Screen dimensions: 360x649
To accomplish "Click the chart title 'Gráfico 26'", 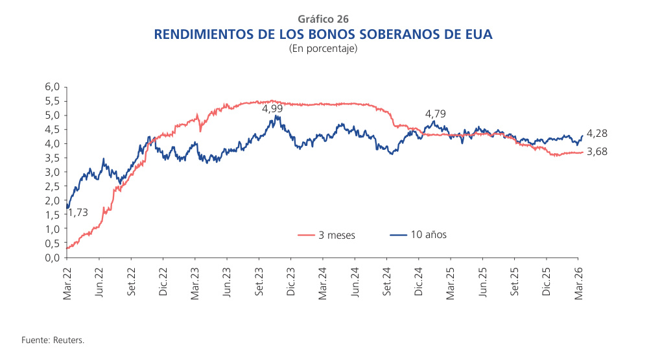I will pos(324,19).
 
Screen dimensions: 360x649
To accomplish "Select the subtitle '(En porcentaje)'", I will pos(324,49).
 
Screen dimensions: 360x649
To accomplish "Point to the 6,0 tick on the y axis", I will pos(53,87).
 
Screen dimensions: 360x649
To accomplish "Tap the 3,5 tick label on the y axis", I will pos(53,158).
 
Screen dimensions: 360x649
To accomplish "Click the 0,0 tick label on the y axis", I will pos(53,258).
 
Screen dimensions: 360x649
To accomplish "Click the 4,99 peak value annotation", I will pos(272,108).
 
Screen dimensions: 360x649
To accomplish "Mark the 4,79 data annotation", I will pos(436,114).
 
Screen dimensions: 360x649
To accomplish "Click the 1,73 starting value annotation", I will pos(77,212).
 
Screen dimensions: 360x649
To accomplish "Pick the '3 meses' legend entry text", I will pos(336,235).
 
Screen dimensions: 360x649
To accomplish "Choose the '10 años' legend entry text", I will pos(429,235).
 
